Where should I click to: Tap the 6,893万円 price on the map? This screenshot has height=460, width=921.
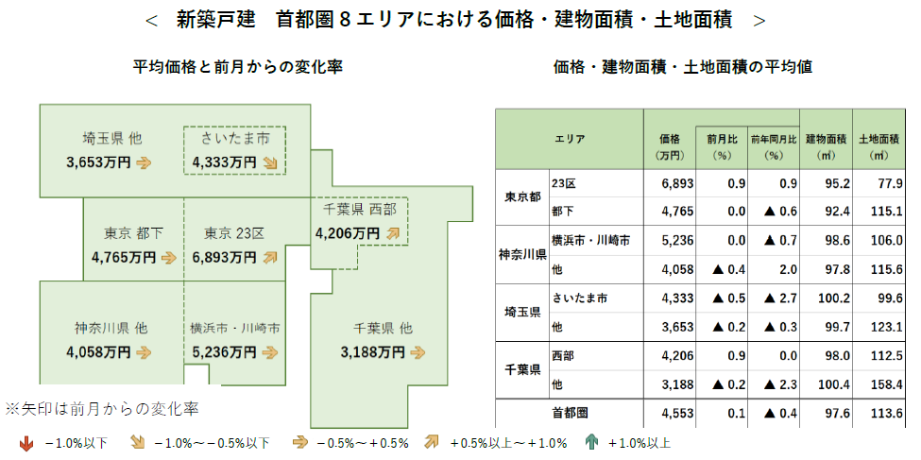point(223,256)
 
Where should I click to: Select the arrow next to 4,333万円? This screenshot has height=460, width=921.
point(271,162)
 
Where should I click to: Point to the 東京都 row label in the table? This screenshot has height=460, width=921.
point(521,197)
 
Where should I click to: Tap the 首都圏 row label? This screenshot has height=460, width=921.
point(568,413)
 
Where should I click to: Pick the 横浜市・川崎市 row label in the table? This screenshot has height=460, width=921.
point(590,241)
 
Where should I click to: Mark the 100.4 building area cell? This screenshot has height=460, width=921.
point(829,384)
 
